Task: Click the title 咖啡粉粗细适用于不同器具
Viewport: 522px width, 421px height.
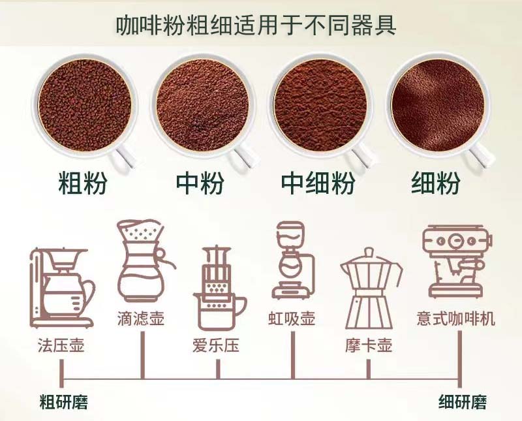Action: click(256, 25)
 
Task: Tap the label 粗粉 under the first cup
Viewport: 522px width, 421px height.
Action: click(83, 183)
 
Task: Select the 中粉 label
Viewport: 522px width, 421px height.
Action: click(200, 183)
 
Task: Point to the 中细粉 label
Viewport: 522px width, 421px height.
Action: click(318, 183)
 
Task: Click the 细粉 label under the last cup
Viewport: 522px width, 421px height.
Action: click(436, 183)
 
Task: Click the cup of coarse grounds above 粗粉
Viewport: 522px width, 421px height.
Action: click(85, 106)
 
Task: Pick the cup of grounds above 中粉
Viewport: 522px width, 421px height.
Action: click(202, 106)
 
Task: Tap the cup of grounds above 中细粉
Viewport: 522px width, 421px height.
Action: click(321, 106)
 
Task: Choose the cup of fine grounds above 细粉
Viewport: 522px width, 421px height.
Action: click(438, 106)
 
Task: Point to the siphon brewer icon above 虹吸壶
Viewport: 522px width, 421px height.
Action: click(293, 260)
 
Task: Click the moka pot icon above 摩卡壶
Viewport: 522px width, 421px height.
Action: click(369, 289)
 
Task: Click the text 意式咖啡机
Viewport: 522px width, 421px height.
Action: click(455, 318)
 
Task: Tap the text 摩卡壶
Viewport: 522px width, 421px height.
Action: click(369, 345)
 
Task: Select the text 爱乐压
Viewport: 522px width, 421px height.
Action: click(216, 345)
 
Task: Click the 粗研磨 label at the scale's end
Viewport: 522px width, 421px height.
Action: click(63, 401)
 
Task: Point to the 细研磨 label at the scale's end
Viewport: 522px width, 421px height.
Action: click(463, 401)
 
